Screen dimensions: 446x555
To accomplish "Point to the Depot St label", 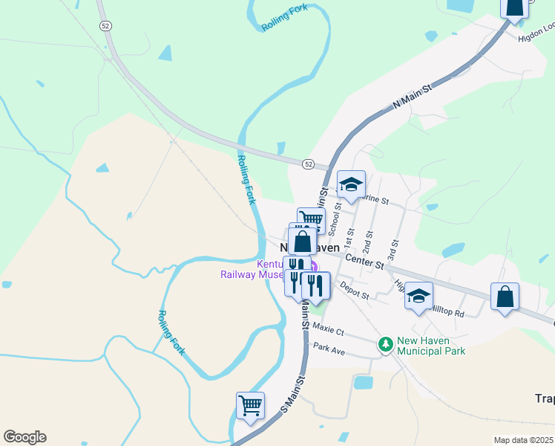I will click(355, 290).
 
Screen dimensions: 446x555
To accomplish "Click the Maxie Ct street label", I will click(329, 327).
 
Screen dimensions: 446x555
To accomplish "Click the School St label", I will click(335, 215).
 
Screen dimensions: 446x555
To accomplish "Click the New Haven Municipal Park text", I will click(431, 346).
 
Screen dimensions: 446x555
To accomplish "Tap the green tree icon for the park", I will click(385, 344).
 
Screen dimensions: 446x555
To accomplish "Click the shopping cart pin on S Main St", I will click(251, 406).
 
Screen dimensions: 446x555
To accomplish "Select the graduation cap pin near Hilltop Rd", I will click(418, 296).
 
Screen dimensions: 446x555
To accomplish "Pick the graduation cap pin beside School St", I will click(351, 184).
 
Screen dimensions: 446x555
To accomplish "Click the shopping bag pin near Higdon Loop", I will click(513, 7).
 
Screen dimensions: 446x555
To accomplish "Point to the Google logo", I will click(24, 437).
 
